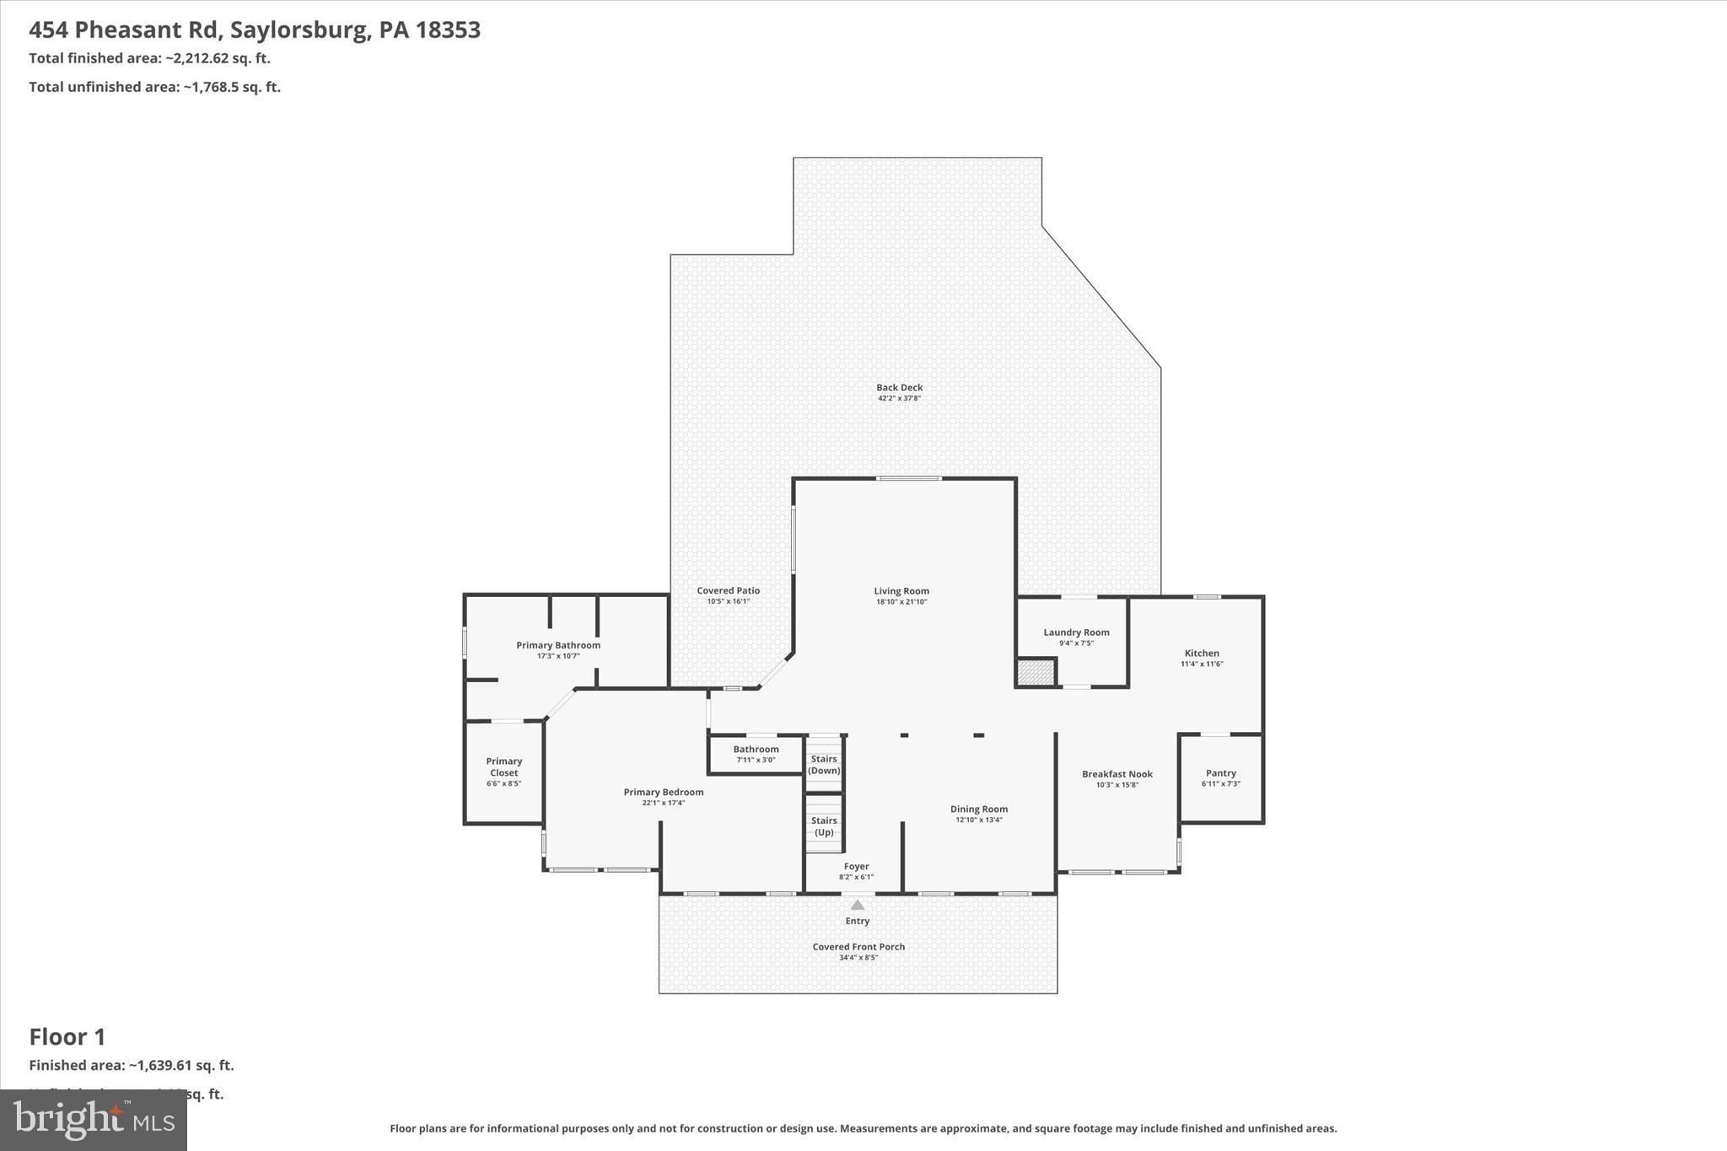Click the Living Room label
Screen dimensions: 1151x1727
coord(901,591)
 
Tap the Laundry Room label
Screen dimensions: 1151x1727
coord(1076,632)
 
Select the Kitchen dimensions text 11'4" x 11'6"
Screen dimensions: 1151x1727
coord(1202,664)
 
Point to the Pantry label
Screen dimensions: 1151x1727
coord(1220,773)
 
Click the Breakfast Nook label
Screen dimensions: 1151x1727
coord(1116,774)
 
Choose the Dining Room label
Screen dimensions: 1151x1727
coord(978,809)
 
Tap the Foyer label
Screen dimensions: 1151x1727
coord(856,867)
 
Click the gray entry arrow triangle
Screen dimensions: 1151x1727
coord(857,905)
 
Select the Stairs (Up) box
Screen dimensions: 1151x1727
coord(824,825)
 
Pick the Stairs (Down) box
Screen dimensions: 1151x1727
coord(824,764)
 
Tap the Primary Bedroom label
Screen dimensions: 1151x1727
coord(663,793)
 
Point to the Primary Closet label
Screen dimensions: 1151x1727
coord(503,766)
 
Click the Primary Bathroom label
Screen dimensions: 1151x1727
coord(558,646)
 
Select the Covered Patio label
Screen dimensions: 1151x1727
coord(728,591)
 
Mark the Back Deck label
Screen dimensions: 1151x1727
coord(899,388)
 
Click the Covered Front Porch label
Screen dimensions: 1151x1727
coord(858,947)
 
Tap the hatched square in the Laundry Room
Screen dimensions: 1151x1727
coord(1036,673)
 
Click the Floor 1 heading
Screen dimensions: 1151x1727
coord(67,1037)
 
